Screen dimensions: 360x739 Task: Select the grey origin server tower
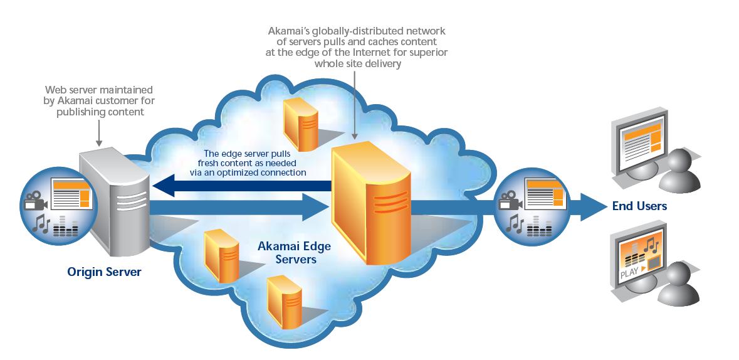click(117, 200)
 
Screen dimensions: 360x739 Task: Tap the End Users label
click(639, 206)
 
